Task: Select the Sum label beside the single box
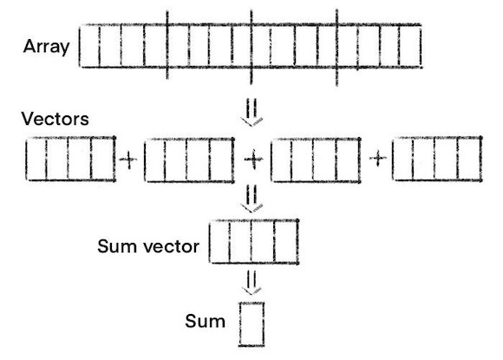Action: click(x=206, y=321)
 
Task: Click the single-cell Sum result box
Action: click(x=251, y=323)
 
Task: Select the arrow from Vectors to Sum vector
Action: click(x=251, y=200)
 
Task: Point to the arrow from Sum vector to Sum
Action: click(x=251, y=283)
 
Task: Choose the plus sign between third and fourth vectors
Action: click(x=378, y=160)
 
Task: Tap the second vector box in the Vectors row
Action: click(x=189, y=160)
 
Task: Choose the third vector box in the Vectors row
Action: click(x=315, y=160)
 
